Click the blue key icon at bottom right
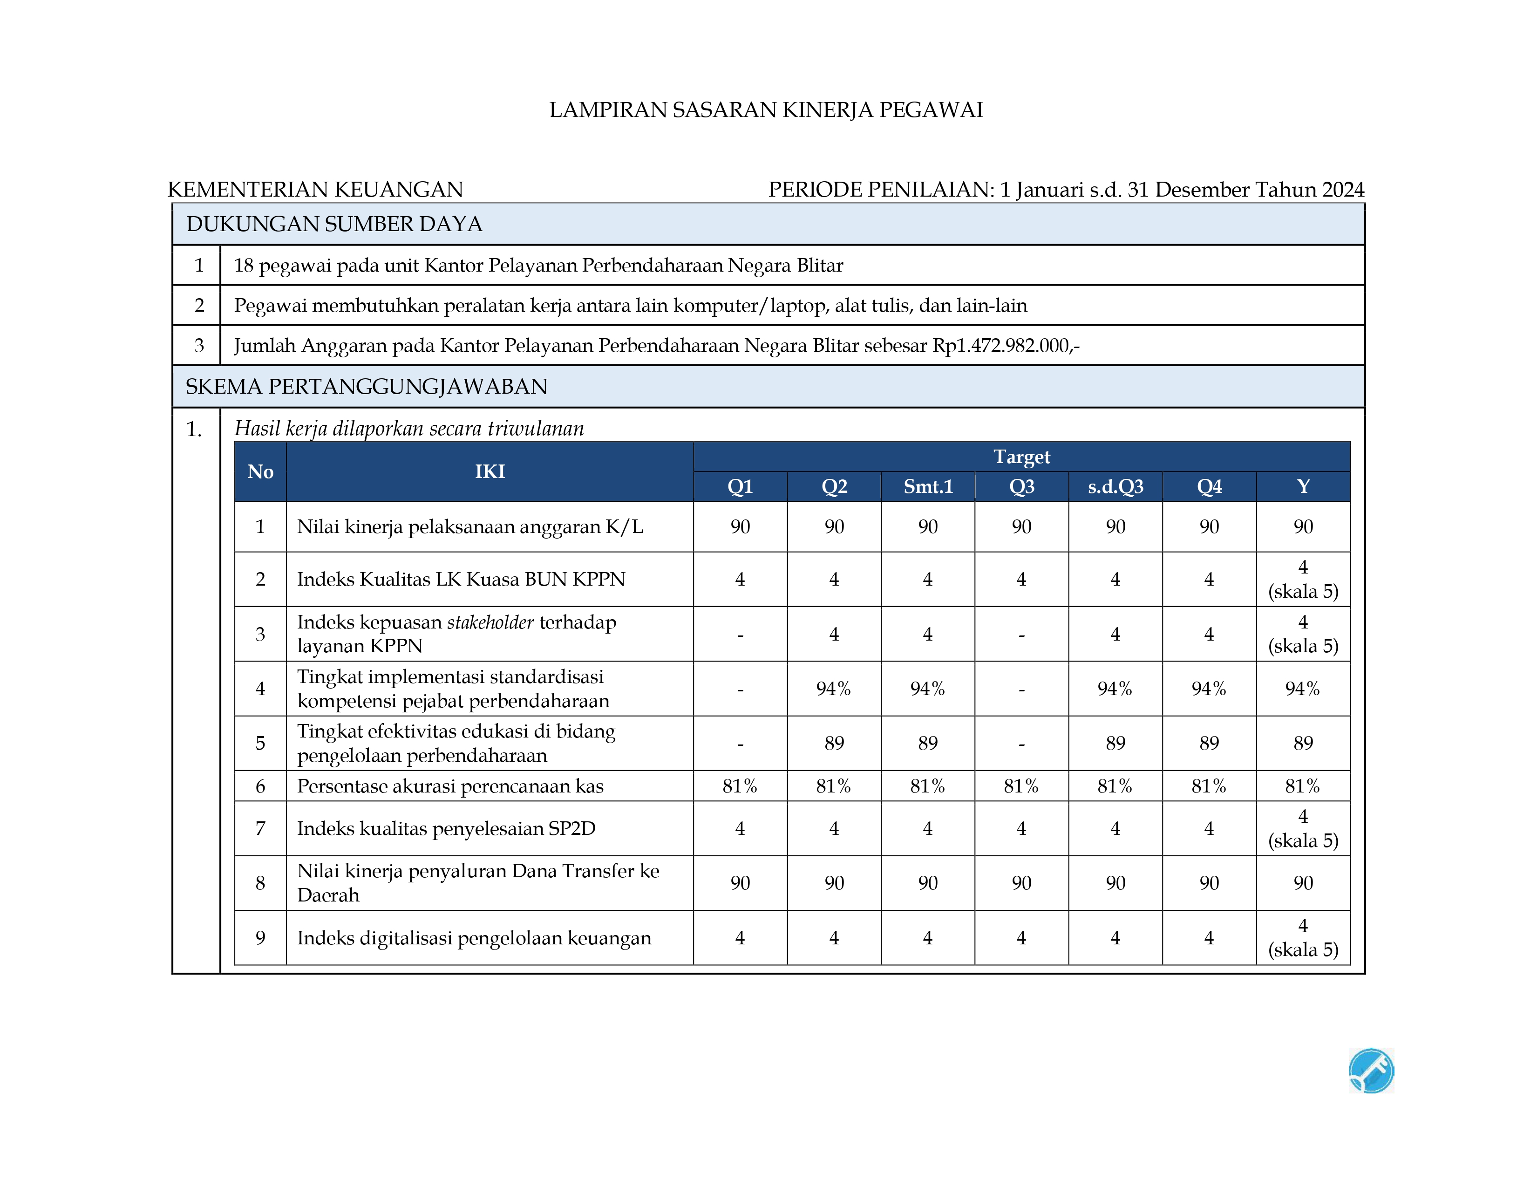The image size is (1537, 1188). (x=1371, y=1071)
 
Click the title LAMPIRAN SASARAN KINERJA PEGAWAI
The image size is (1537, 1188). (x=766, y=110)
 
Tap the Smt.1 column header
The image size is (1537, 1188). (x=927, y=486)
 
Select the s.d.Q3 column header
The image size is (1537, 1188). (x=1115, y=486)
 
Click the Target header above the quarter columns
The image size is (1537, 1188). (x=1021, y=457)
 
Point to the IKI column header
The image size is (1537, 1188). (x=490, y=471)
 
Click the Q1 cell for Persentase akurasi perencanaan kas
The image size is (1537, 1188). (x=740, y=786)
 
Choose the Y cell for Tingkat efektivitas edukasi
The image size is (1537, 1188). (x=1303, y=743)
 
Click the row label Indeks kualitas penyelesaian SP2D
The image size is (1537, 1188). (x=446, y=828)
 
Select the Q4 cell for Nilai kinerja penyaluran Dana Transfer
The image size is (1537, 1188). (x=1209, y=883)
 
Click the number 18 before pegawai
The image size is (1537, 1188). (x=244, y=266)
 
